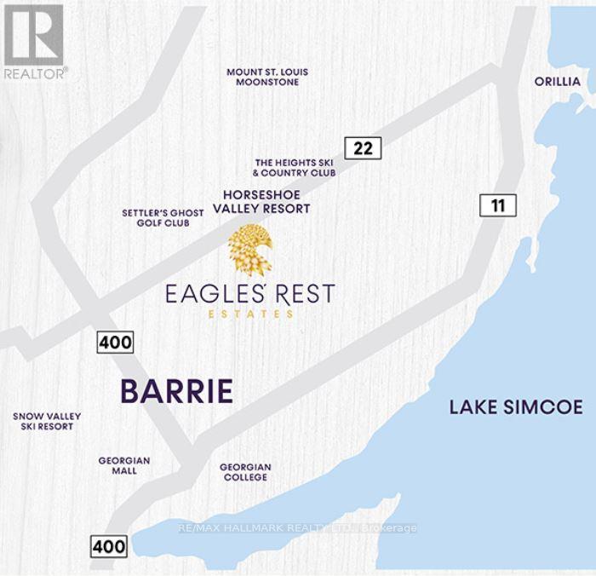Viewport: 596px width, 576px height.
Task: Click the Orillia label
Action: click(557, 82)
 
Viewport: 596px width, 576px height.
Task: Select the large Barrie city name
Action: click(176, 391)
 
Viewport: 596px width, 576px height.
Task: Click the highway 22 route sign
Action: click(363, 147)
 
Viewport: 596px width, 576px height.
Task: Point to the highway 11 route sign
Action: click(497, 204)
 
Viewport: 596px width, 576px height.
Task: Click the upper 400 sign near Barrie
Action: click(115, 343)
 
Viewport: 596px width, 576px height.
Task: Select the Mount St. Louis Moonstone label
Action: click(266, 78)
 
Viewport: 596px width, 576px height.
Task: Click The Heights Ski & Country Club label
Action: click(295, 167)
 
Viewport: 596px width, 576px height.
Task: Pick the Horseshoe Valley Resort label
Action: click(266, 201)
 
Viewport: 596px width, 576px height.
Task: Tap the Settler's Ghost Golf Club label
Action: click(163, 217)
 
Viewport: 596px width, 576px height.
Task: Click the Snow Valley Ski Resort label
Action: click(47, 421)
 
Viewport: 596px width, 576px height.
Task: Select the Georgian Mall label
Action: click(124, 465)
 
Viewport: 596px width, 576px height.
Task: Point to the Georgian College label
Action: click(245, 472)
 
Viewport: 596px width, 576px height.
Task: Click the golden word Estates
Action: click(250, 314)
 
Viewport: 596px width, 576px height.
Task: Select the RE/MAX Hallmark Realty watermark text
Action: click(298, 528)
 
